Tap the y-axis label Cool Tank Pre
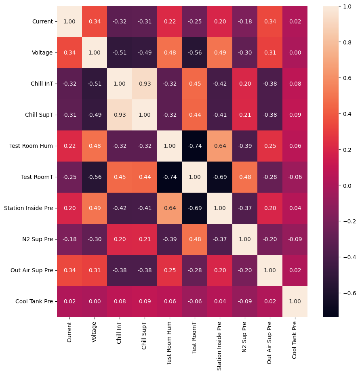tap(34, 301)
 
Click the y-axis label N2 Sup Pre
tap(37, 239)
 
